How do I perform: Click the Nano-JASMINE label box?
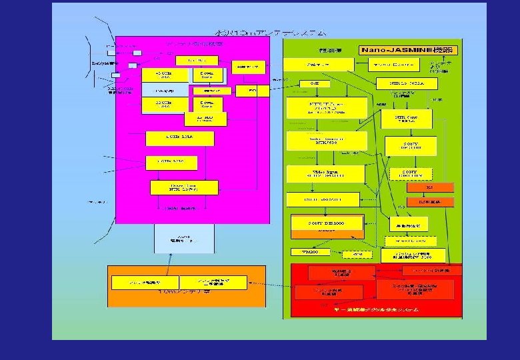pos(406,50)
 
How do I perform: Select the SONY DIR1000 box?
pos(327,223)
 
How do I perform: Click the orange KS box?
pos(429,188)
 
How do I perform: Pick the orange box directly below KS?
pos(429,201)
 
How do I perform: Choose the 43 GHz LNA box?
pos(163,74)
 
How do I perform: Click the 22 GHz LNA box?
pos(163,105)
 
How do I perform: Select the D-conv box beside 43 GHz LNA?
pos(207,74)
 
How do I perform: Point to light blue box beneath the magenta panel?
pos(184,239)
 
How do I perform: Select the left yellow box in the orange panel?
pos(143,283)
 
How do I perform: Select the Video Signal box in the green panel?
pos(326,173)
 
